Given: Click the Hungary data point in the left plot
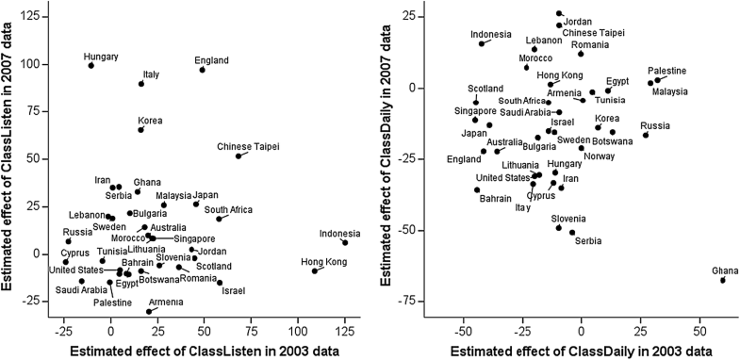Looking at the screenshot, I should tap(90, 65).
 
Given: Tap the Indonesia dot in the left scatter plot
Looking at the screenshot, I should tap(345, 242).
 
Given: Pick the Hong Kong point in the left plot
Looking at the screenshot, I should tap(315, 271).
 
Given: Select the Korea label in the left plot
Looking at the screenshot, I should tap(150, 120).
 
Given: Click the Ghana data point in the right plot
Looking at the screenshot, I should tap(723, 280).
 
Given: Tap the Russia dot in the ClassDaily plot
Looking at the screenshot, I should tap(646, 135).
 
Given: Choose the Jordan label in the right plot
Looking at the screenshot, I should tap(578, 21).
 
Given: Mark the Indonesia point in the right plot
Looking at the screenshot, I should tap(482, 43).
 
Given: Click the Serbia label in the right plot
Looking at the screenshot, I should tap(587, 241).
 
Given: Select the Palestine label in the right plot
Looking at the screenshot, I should tap(666, 71).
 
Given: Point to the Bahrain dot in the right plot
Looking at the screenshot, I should tap(477, 189).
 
